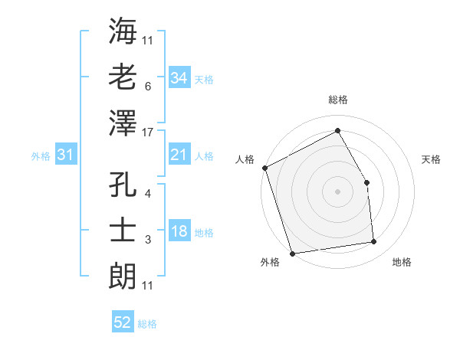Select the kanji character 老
coord(123,77)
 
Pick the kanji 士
coord(123,230)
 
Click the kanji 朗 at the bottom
coord(123,273)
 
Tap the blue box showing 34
coord(179,77)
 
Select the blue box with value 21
coord(179,155)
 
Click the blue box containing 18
coord(179,231)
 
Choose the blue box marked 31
coord(65,155)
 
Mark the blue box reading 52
coord(123,322)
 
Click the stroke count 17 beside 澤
coord(149,133)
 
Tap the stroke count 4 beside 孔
coord(147,194)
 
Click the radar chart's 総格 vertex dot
coord(337,130)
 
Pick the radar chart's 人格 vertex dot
coord(264,168)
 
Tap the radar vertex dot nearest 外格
coord(292,253)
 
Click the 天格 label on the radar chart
coord(432,159)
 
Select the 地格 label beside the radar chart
coord(402,263)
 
